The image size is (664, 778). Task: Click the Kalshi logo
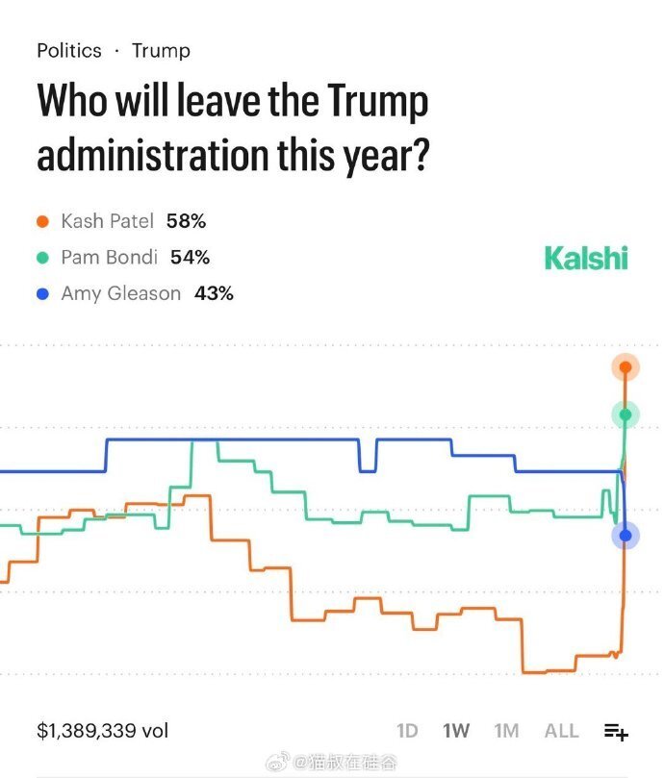coord(585,258)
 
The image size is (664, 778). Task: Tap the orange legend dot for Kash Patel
coord(42,222)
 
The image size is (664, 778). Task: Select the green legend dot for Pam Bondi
coord(42,258)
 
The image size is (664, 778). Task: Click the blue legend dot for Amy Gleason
coord(42,293)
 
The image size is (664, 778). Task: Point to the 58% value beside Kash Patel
coord(186,222)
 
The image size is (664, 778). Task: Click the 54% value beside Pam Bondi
coord(190,258)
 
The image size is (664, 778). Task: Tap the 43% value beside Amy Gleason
coord(214,293)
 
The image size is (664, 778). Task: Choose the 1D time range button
coord(407,731)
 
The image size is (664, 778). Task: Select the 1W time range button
coord(456,731)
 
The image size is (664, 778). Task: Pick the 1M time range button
coord(506,731)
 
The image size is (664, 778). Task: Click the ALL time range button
coord(562,731)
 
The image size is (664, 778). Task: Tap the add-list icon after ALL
coord(616,732)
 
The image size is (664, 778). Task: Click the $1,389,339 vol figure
coord(102,731)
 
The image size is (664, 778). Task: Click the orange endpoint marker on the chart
coord(626,366)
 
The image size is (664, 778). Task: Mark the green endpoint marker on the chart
coord(626,414)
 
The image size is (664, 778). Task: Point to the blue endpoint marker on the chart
coord(626,536)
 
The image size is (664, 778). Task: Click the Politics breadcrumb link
coord(68,50)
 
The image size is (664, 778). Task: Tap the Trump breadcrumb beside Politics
coord(161,50)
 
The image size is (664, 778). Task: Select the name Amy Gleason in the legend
coord(120,293)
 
